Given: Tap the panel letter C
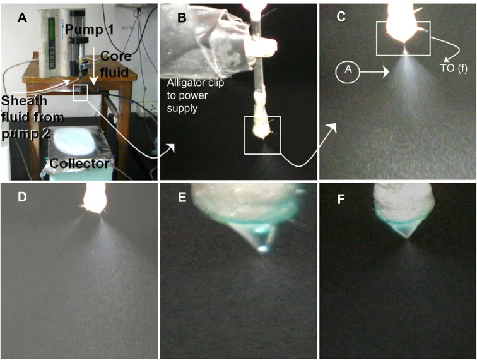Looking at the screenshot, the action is click(341, 17).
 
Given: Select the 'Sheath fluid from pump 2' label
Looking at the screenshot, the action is click(33, 112).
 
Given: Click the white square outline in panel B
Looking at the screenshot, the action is click(262, 135).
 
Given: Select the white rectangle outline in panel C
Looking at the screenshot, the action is click(403, 38).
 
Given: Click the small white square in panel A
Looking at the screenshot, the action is click(80, 93).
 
